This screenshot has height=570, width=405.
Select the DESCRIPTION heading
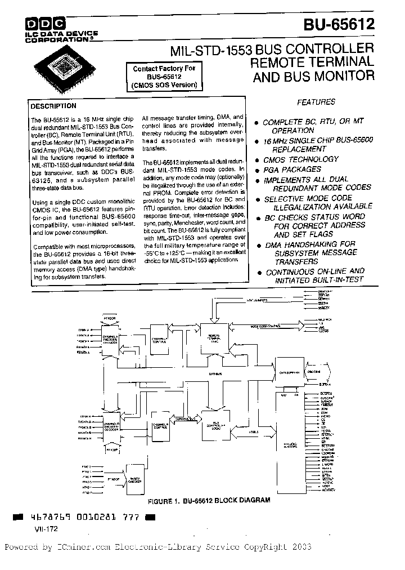click(53, 106)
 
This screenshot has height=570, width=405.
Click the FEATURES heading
click(316, 102)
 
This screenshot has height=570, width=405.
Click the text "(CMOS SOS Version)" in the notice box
click(164, 86)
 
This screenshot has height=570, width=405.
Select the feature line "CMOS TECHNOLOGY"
click(301, 159)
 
